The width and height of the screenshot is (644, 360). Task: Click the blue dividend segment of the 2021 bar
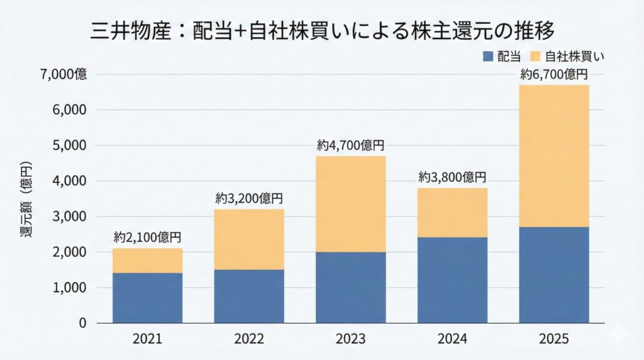pyautogui.click(x=147, y=298)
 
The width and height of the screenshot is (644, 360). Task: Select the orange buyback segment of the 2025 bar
pyautogui.click(x=554, y=155)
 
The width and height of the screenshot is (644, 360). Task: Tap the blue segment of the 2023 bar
pyautogui.click(x=350, y=287)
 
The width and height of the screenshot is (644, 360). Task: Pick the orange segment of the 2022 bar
pyautogui.click(x=249, y=239)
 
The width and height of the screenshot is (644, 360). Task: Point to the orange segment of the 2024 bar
pyautogui.click(x=452, y=212)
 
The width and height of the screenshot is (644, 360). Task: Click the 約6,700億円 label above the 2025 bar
pyautogui.click(x=554, y=75)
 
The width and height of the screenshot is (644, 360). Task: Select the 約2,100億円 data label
pyautogui.click(x=147, y=238)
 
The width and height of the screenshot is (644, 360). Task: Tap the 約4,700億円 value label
pyautogui.click(x=350, y=145)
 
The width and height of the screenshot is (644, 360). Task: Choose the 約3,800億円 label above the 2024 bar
pyautogui.click(x=452, y=177)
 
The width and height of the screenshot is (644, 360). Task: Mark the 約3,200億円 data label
pyautogui.click(x=249, y=199)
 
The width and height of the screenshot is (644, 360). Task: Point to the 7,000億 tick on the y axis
pyautogui.click(x=64, y=74)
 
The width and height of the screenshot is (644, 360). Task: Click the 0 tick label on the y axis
pyautogui.click(x=82, y=323)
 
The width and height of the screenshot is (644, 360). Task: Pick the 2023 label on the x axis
pyautogui.click(x=350, y=339)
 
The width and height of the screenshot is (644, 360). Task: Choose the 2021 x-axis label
pyautogui.click(x=147, y=339)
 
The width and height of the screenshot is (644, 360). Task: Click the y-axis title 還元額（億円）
pyautogui.click(x=26, y=201)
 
